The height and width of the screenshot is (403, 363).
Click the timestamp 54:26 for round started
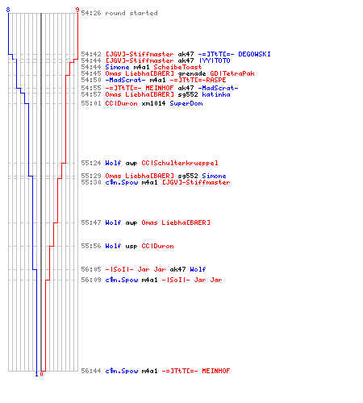(91, 13)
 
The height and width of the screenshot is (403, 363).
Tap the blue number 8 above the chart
(8, 10)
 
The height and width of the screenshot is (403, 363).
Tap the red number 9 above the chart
(77, 10)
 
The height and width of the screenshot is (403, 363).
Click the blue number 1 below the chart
(36, 374)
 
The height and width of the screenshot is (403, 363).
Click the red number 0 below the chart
(41, 374)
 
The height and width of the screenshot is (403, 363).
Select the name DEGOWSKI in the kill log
(254, 54)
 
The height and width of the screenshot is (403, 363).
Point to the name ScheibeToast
(177, 67)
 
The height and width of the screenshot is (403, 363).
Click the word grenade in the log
(192, 73)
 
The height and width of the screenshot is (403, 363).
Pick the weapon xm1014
(153, 103)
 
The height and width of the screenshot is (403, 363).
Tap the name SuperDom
(186, 103)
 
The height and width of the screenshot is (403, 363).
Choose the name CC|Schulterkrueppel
(180, 163)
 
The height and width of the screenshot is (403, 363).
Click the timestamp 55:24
(91, 163)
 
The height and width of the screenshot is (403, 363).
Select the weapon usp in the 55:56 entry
(131, 246)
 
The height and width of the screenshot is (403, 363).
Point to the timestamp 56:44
(91, 371)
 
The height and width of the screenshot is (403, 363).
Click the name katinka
(216, 94)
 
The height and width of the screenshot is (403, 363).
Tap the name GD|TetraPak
(232, 73)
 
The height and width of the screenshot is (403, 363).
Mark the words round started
(131, 13)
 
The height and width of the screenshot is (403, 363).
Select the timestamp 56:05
(91, 269)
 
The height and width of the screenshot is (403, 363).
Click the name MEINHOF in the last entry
(216, 371)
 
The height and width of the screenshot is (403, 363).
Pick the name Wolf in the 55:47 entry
(113, 222)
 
